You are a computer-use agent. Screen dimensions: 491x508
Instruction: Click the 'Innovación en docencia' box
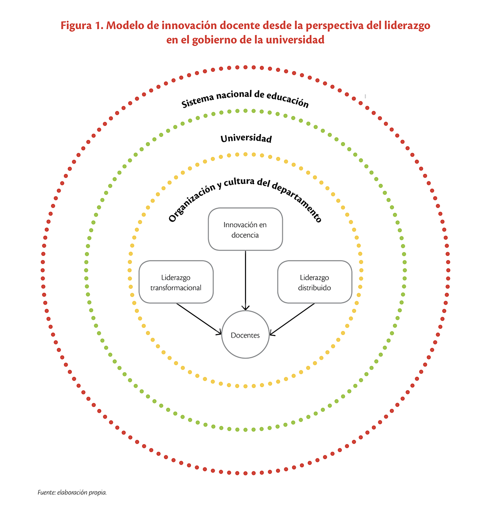tap(245, 229)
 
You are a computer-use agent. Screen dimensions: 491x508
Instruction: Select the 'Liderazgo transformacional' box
tap(176, 282)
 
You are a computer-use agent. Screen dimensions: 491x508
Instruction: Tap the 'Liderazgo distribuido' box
tap(315, 282)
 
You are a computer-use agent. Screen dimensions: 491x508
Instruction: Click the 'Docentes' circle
tap(245, 334)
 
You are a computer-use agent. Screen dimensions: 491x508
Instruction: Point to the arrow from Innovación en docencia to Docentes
tap(245, 280)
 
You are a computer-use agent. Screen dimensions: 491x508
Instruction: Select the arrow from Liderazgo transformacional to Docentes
tap(199, 319)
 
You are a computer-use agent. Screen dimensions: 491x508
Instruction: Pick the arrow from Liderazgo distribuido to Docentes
tap(292, 319)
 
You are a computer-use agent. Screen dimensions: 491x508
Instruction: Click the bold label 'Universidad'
tap(246, 139)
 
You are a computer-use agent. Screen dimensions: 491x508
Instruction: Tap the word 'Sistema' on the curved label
tap(197, 101)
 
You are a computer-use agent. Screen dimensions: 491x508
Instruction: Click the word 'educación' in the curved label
tap(288, 99)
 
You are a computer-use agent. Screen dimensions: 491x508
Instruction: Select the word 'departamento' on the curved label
tap(297, 202)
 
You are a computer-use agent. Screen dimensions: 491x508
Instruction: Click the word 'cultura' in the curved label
tap(239, 182)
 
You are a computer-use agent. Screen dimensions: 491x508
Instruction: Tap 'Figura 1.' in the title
tap(82, 25)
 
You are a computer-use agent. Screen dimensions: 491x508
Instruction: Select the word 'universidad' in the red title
tap(295, 39)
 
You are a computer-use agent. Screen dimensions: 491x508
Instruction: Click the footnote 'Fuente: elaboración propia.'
tap(72, 492)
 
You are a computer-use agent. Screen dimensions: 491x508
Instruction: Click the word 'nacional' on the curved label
tap(234, 95)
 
